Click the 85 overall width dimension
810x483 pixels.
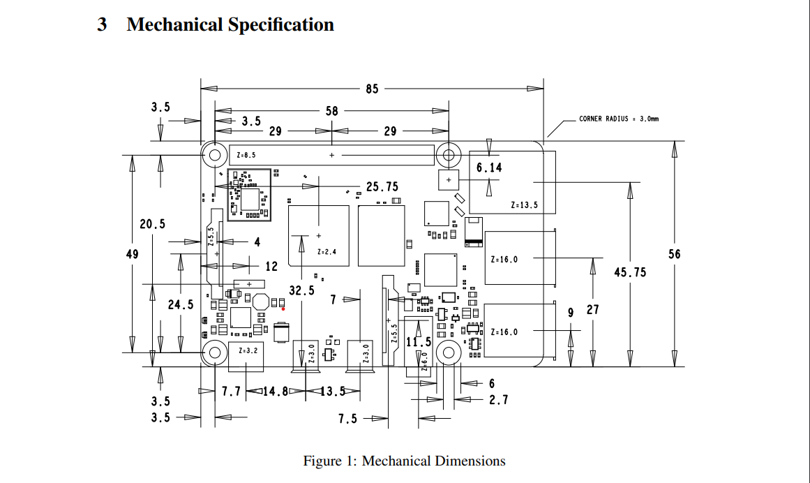(372, 89)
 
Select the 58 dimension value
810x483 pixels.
(331, 111)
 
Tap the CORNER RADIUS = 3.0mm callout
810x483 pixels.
(618, 119)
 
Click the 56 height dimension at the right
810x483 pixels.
(674, 254)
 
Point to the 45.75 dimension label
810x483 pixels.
(629, 272)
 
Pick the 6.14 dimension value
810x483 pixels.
(489, 168)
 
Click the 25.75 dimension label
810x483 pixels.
(382, 187)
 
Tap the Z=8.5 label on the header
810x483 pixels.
(246, 154)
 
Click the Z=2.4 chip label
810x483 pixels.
(327, 251)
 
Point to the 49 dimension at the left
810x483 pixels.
(132, 254)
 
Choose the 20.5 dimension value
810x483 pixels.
(153, 224)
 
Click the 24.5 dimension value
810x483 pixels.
(181, 305)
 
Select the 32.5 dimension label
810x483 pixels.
(301, 290)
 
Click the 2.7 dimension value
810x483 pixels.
(498, 400)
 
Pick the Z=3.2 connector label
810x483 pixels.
(248, 350)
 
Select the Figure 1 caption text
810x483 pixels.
(404, 461)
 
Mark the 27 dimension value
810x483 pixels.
(592, 309)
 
